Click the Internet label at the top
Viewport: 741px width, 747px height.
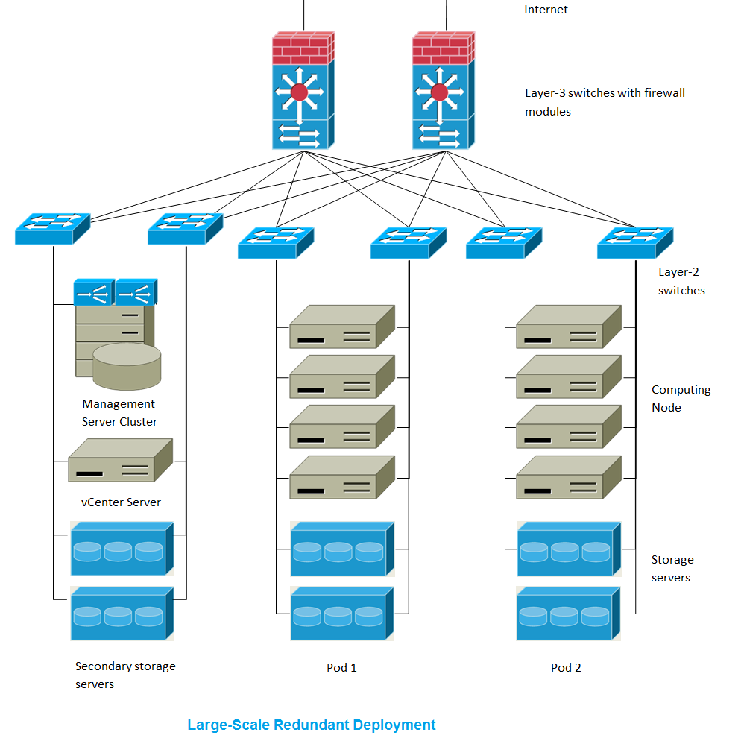click(x=546, y=10)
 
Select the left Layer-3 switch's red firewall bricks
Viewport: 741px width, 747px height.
click(x=303, y=48)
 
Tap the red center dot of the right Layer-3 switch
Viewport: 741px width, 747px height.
click(x=439, y=92)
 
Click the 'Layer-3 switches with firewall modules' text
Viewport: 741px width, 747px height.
click(x=604, y=102)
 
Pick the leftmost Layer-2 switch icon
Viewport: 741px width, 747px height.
click(x=52, y=228)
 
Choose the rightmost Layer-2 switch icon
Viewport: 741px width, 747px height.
click(x=635, y=242)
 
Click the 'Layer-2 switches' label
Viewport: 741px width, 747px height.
click(x=681, y=282)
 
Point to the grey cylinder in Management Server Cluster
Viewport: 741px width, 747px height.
click(x=127, y=365)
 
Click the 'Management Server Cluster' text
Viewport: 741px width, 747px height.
click(x=119, y=413)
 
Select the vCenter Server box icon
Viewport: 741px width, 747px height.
click(x=119, y=461)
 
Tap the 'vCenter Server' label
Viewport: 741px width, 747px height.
click(x=121, y=502)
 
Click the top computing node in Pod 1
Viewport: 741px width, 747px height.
click(x=341, y=327)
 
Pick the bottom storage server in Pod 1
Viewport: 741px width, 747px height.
click(x=341, y=614)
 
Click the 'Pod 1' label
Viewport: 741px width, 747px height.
click(x=341, y=668)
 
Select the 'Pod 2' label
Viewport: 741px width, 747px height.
click(x=566, y=668)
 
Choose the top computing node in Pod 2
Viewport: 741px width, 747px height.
click(x=568, y=327)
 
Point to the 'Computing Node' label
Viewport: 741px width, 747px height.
click(x=681, y=399)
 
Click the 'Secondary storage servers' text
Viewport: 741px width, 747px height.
click(x=125, y=675)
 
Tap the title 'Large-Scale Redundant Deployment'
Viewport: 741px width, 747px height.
click(x=311, y=725)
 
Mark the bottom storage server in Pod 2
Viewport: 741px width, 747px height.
click(x=568, y=614)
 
